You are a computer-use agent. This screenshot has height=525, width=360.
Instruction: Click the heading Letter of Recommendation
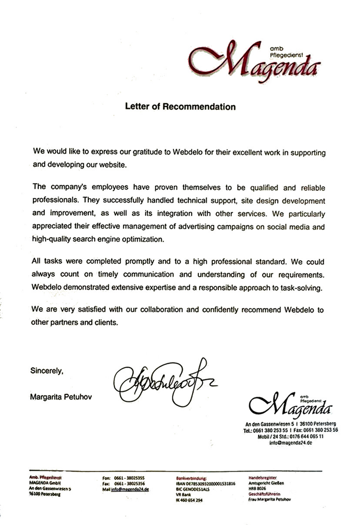[x=180, y=107]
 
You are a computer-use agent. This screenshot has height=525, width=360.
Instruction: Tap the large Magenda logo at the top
[x=256, y=60]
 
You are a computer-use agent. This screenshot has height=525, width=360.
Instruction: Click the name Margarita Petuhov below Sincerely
[x=61, y=397]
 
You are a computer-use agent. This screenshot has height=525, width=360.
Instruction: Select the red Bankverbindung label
[x=191, y=478]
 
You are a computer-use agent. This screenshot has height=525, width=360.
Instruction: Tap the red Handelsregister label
[x=263, y=478]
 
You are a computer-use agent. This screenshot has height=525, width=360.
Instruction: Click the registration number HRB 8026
[x=257, y=489]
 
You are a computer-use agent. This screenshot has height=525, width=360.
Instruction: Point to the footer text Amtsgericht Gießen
[x=266, y=483]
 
